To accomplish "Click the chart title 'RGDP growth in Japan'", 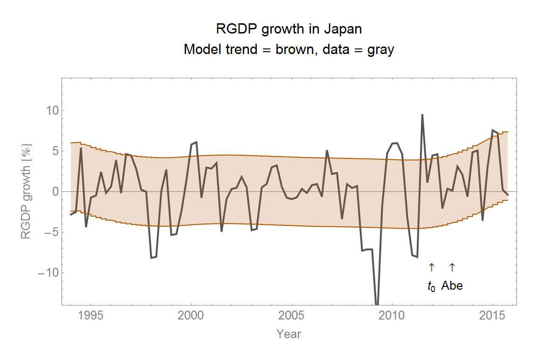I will (289, 29).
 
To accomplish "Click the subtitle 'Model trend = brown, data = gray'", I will (289, 49).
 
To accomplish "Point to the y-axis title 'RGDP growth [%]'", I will (26, 191).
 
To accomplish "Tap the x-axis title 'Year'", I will (289, 334).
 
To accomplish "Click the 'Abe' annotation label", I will (452, 286).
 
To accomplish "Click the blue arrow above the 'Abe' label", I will (452, 267).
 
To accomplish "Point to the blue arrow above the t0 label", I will (431, 267).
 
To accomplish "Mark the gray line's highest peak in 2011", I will (422, 115).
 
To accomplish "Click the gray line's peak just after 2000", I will (196, 142).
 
